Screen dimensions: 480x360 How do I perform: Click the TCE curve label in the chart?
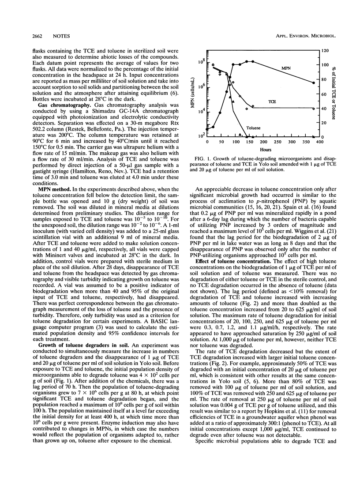tap(272, 101)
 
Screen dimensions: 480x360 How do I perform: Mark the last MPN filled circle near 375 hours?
tap(314, 83)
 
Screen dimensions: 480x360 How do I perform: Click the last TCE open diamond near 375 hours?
tap(314, 109)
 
